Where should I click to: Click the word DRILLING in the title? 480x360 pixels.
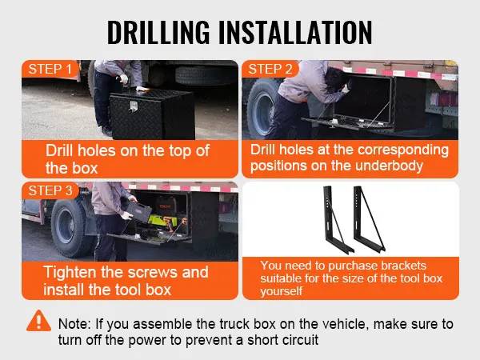[158, 32]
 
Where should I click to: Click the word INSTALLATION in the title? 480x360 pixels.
[295, 32]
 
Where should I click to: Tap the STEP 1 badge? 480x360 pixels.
[50, 69]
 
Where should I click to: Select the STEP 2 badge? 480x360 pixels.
[270, 69]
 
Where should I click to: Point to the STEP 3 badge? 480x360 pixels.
[50, 190]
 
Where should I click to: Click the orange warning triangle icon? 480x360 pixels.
[38, 321]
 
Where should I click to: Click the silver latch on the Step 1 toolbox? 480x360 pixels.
[133, 106]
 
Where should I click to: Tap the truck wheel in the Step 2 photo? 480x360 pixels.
[263, 109]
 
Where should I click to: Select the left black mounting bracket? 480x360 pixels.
[337, 219]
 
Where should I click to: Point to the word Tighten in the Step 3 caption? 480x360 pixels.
[70, 273]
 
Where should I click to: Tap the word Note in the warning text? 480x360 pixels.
[74, 324]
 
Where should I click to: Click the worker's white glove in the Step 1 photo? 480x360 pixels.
[124, 78]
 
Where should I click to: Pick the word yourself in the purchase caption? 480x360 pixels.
[281, 291]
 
